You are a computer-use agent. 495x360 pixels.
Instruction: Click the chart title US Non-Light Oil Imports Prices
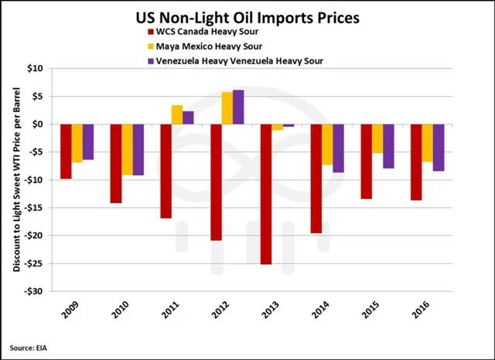pyautogui.click(x=247, y=15)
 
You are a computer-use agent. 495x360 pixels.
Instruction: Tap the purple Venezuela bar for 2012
pyautogui.click(x=238, y=107)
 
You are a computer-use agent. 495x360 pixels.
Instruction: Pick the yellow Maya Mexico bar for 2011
pyautogui.click(x=177, y=115)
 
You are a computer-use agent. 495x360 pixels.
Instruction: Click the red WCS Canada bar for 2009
pyautogui.click(x=66, y=151)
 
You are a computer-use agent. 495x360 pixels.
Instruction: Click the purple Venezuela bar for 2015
pyautogui.click(x=388, y=146)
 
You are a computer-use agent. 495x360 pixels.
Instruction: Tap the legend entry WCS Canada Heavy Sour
pyautogui.click(x=203, y=32)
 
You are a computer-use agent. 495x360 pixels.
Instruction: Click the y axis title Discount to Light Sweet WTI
pyautogui.click(x=16, y=180)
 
